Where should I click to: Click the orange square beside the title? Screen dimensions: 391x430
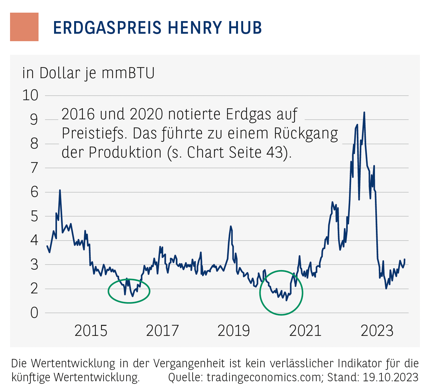coord(24,27)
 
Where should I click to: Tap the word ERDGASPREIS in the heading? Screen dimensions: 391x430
coord(107,28)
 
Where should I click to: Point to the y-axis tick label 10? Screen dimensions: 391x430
coord(30,95)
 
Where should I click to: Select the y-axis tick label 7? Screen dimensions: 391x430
coord(34,168)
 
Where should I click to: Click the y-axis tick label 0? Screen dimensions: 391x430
coord(34,313)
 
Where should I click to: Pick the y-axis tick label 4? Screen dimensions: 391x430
coord(34,240)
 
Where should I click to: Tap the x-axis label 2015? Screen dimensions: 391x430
coord(91,331)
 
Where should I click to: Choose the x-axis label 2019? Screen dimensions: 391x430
coord(234,331)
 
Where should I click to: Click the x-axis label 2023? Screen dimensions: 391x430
coord(377,331)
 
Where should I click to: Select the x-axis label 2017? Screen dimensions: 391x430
coord(162,331)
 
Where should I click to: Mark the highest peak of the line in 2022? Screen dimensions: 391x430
coord(364,113)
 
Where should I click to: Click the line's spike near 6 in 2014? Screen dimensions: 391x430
coord(60,190)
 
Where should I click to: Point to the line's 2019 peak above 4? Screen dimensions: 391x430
coord(231,226)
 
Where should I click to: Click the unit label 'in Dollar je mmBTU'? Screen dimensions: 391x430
coord(88,73)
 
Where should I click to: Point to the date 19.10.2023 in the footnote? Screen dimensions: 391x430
coord(390,377)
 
